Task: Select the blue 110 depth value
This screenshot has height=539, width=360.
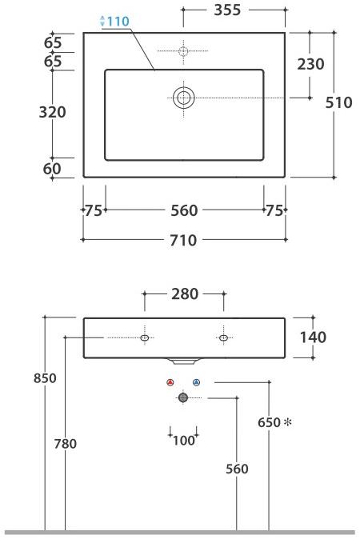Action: click(x=117, y=22)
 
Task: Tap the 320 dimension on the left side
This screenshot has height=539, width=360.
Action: click(x=53, y=112)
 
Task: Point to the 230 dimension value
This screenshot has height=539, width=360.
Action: click(x=310, y=64)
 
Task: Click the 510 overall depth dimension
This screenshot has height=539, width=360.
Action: click(x=339, y=102)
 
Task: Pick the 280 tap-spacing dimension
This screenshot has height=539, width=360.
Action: click(x=184, y=294)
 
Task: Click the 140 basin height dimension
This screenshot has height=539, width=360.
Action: click(x=312, y=337)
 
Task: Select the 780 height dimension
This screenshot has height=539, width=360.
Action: click(x=65, y=444)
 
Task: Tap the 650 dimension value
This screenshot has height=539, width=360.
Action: click(x=269, y=421)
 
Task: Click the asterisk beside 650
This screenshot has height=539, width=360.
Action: click(x=287, y=421)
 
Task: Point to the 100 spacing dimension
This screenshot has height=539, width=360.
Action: click(x=183, y=440)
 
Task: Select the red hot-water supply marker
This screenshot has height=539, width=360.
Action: click(x=170, y=383)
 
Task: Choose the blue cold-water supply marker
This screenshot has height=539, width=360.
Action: click(x=196, y=383)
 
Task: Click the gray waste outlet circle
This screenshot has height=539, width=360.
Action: click(x=183, y=397)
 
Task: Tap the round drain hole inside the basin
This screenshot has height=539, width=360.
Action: click(x=183, y=98)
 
